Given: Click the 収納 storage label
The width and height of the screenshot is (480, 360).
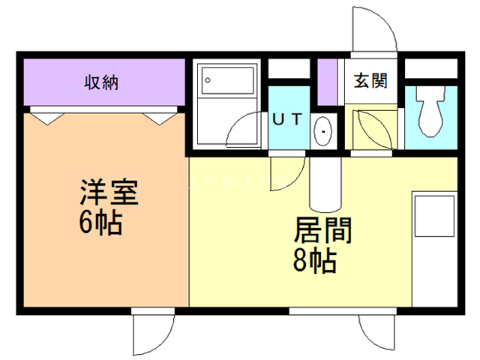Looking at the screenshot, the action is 101,82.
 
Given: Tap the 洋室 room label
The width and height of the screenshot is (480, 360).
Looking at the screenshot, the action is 109,192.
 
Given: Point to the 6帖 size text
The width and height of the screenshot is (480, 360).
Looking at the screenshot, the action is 100,223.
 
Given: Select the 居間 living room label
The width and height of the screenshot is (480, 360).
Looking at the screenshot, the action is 323,230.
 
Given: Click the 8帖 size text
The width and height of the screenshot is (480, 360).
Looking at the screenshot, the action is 315,261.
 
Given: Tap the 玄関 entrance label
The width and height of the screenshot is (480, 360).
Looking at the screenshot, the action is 370,81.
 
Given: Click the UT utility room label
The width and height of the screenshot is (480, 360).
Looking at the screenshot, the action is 287,119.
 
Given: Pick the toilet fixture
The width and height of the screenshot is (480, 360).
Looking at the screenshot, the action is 430,111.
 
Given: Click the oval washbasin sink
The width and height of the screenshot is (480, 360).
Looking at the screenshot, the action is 323,132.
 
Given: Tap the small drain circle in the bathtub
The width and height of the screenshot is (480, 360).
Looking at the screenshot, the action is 208,80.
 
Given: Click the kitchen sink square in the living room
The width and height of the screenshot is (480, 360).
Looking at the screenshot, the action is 434,216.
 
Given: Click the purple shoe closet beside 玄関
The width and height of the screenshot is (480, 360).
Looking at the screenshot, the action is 327,82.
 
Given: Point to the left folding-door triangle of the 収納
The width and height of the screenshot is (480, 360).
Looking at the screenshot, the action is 47,118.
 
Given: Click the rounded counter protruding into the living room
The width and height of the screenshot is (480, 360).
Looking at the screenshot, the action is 325,184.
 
